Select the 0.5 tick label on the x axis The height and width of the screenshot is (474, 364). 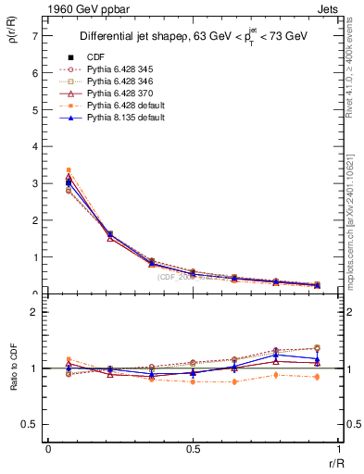pyautogui.click(x=193, y=449)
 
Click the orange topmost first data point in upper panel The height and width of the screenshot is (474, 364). pyautogui.click(x=69, y=170)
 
